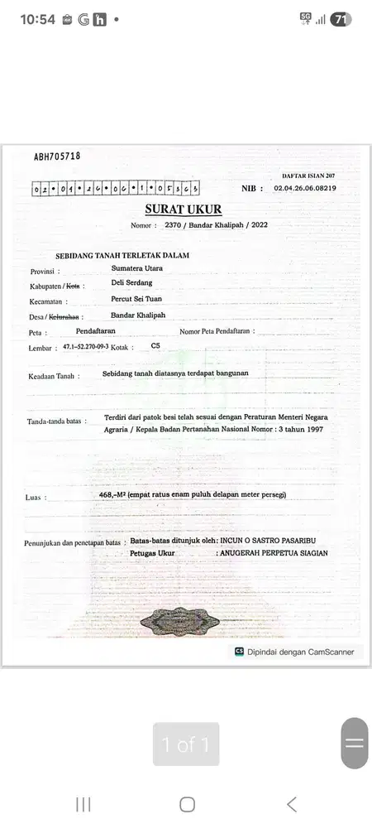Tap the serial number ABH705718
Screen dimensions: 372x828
[x=57, y=156]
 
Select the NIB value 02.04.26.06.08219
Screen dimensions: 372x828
[x=304, y=189]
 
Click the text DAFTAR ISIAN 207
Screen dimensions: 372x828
[x=308, y=176]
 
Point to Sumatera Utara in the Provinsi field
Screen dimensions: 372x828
[x=137, y=269]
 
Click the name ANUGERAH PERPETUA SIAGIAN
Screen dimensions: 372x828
[x=272, y=552]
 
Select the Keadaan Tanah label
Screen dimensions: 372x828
[x=53, y=376]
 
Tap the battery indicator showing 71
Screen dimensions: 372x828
[x=340, y=19]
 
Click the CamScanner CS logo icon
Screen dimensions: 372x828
[x=240, y=652]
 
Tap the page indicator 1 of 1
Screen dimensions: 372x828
[x=186, y=745]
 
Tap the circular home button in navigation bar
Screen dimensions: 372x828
[x=187, y=804]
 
